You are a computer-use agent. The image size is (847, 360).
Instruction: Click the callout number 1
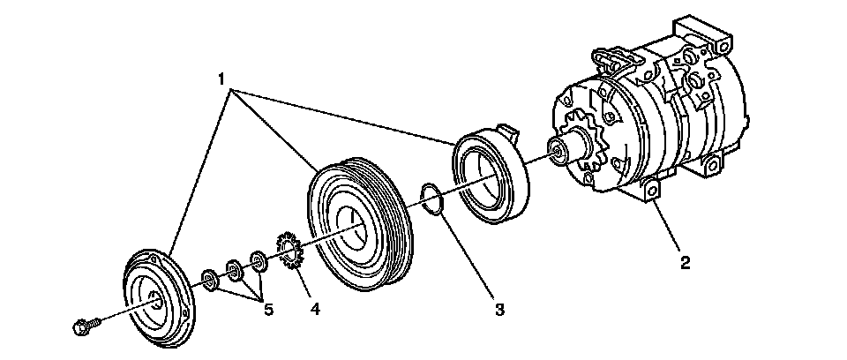click(x=221, y=79)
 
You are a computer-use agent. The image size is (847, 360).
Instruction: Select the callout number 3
click(x=499, y=310)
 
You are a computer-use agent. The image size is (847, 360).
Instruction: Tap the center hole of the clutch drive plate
click(x=155, y=300)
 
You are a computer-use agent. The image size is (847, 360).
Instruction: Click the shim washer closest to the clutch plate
click(x=210, y=281)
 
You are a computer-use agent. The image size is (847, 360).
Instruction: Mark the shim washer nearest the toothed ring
click(x=259, y=261)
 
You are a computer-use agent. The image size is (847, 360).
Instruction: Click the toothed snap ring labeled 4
click(x=289, y=250)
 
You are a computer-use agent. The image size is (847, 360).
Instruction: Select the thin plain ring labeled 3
click(x=430, y=199)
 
